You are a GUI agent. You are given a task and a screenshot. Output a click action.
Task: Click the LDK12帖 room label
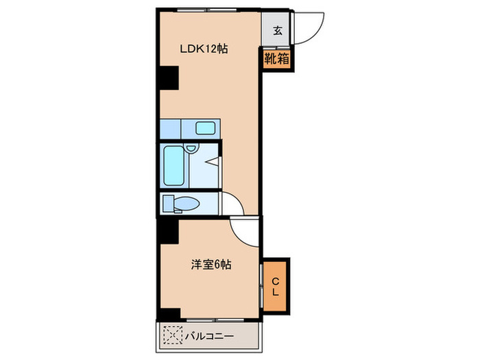204,49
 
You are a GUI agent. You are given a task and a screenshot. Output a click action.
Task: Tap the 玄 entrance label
277,30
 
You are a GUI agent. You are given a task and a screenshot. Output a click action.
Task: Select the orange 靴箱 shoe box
277,59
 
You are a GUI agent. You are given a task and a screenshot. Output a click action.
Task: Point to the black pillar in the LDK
167,77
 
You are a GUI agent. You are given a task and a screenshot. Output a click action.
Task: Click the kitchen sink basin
206,128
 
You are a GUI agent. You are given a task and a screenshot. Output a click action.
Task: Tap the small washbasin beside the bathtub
192,147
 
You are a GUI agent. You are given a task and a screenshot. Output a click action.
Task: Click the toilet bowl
186,203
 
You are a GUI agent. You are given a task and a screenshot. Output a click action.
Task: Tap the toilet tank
167,203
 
